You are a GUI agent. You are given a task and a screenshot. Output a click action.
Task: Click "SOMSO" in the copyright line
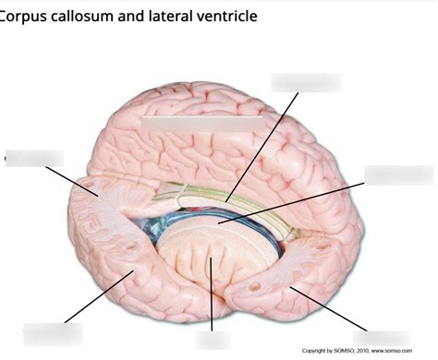tap(344, 351)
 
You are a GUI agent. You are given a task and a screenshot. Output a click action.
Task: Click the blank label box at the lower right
tap(381, 338)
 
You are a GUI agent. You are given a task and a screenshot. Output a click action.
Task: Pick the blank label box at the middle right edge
tap(398, 175)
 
